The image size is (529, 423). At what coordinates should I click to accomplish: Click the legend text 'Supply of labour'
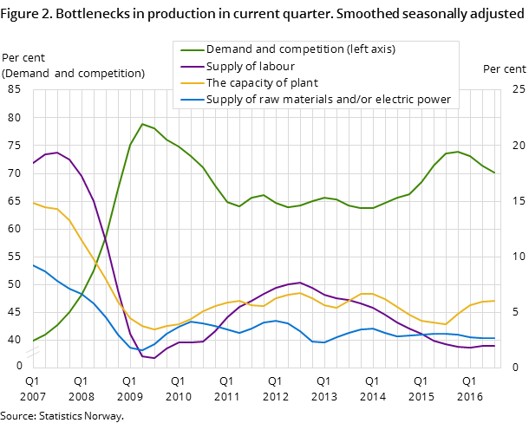coord(250,66)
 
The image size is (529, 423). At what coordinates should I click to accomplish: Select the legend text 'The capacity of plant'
coord(262,83)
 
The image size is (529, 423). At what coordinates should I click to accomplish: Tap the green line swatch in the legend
coord(191,49)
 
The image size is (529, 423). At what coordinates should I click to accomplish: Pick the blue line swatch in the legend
coord(191,100)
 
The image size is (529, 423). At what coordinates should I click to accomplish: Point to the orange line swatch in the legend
coord(191,83)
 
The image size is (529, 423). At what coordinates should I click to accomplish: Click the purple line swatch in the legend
coord(191,66)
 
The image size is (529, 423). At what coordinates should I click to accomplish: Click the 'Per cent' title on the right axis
coord(504,69)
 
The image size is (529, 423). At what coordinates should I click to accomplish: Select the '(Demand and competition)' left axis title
coord(74,73)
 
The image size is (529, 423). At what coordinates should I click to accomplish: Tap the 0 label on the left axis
coord(19,366)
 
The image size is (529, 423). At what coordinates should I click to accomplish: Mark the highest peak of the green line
coord(142,124)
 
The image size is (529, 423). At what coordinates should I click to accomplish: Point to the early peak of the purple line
coord(56,153)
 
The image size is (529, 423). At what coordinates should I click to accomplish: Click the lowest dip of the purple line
coord(154,358)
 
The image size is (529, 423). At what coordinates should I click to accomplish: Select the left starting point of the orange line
coord(33,203)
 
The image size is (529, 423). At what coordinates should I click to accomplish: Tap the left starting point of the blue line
coord(33,265)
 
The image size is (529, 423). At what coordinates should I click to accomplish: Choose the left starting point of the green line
coord(33,341)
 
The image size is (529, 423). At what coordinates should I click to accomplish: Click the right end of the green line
coord(494,172)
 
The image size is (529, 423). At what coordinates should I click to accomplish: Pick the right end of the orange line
coord(494,301)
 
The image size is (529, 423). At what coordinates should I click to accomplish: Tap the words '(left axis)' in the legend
coord(369,49)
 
